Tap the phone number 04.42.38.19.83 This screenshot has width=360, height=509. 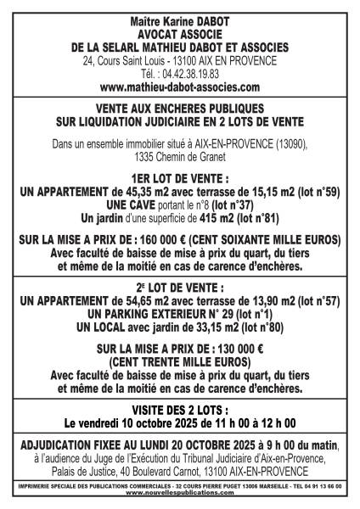coord(193,74)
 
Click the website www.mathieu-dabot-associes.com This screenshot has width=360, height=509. coord(179,87)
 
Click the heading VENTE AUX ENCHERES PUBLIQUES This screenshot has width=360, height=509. coord(179,112)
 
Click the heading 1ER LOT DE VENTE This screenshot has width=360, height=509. coord(179,181)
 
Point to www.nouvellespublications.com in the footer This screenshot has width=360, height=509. coord(179,491)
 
